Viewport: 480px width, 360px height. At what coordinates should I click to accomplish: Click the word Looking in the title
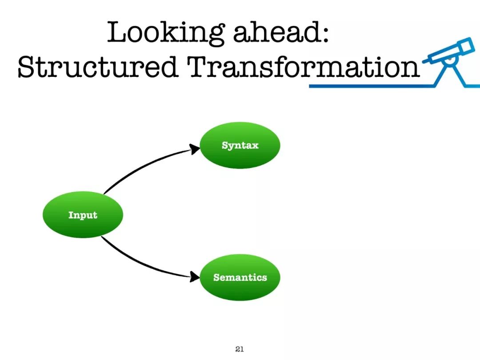click(166, 33)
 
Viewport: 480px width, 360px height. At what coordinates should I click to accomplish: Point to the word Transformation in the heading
click(304, 66)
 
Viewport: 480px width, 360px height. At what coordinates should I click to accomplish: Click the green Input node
click(83, 215)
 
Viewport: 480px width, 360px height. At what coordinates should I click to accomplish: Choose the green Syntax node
click(240, 145)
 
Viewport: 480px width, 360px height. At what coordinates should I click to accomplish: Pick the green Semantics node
click(240, 277)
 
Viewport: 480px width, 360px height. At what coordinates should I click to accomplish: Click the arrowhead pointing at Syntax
click(194, 149)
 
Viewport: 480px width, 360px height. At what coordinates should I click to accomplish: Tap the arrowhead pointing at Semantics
click(194, 276)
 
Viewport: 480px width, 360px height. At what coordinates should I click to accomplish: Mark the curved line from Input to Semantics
click(141, 264)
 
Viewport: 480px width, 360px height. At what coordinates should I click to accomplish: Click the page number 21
click(240, 349)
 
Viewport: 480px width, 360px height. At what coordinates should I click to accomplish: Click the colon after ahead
click(325, 34)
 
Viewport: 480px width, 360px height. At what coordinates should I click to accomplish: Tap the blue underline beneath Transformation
click(372, 86)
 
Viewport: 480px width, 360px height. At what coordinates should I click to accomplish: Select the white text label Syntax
click(240, 145)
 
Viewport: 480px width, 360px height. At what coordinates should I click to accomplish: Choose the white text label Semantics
click(240, 277)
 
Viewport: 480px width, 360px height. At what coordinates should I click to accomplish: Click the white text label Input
click(83, 215)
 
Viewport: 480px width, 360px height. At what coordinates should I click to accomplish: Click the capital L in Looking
click(117, 32)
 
